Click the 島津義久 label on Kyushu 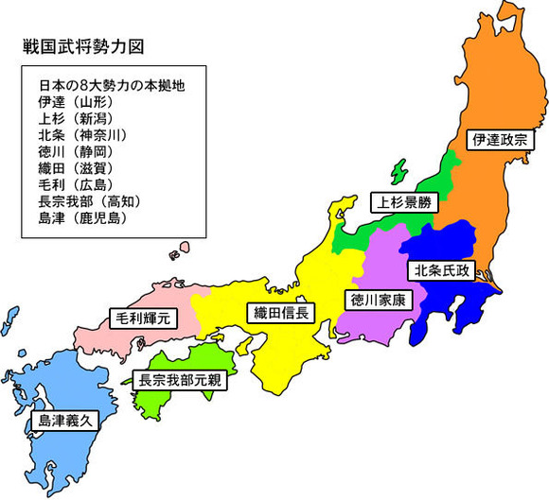click(63, 420)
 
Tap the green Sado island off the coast click(398, 174)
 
